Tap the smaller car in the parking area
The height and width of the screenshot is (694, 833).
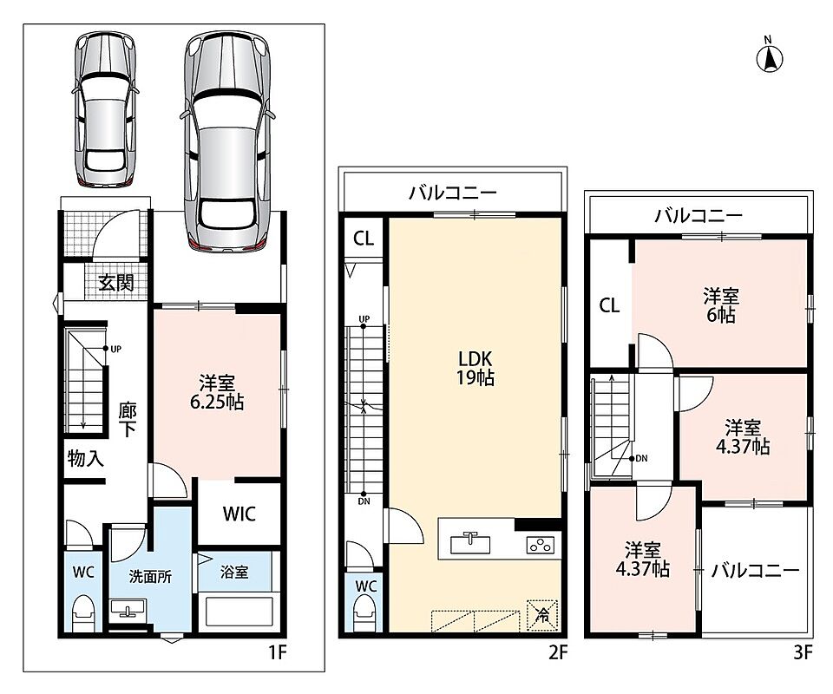(104, 109)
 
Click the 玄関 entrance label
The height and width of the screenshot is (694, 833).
(115, 283)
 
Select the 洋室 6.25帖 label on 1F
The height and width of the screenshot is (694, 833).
(217, 392)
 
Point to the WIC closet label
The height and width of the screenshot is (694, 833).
(239, 514)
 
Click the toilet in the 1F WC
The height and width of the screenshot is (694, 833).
(83, 612)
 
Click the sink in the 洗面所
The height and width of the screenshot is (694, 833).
(128, 608)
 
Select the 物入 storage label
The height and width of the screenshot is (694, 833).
(86, 458)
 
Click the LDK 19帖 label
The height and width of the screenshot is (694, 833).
(475, 368)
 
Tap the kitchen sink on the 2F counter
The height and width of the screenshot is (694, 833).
(470, 543)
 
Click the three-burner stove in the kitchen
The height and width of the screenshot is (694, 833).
(541, 545)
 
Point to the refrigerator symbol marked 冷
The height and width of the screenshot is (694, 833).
(541, 615)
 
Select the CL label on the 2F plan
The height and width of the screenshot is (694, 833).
(364, 239)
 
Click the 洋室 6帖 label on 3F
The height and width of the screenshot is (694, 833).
(721, 305)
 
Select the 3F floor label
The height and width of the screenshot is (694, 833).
(803, 652)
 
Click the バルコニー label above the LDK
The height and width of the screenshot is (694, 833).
(453, 193)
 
